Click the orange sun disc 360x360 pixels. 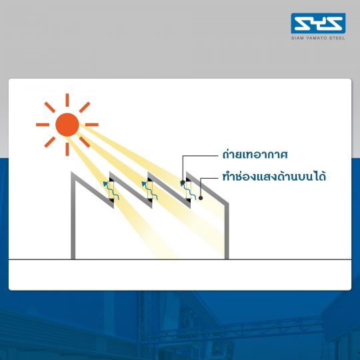[x=67, y=125]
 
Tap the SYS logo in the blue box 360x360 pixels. [x=318, y=23]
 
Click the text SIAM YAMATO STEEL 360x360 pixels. [x=318, y=38]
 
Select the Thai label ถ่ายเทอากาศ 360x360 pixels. [x=255, y=154]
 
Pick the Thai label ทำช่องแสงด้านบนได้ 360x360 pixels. [x=274, y=177]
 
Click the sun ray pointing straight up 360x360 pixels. [x=67, y=100]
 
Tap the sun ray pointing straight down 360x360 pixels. [x=67, y=149]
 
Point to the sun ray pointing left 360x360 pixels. [x=43, y=125]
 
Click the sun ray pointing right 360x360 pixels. [x=92, y=125]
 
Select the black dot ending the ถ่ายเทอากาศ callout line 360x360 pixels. [x=183, y=183]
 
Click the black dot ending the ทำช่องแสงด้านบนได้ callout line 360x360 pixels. [x=201, y=198]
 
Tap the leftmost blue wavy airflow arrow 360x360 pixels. [x=111, y=191]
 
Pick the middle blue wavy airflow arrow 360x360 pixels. [x=149, y=191]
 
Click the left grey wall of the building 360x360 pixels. [x=73, y=216]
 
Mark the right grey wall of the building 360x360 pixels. [x=227, y=231]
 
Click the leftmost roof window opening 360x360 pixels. [x=111, y=190]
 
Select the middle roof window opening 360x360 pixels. [x=150, y=190]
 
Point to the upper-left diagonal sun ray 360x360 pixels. [x=50, y=107]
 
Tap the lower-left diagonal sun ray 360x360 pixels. [x=50, y=142]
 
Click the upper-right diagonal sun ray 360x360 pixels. [x=85, y=107]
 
